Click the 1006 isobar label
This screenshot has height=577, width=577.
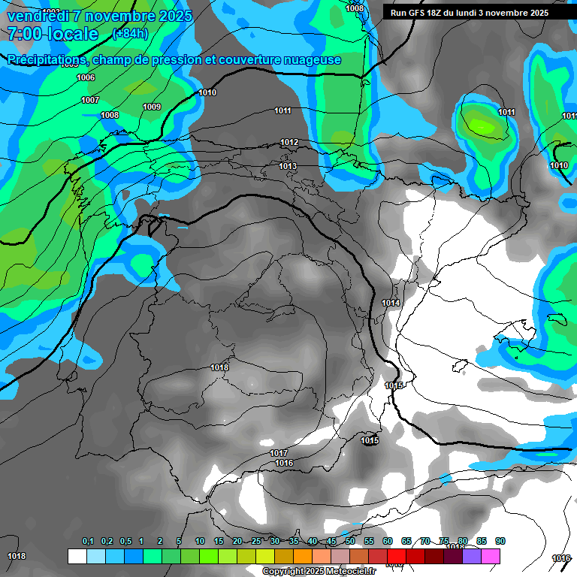coord(86,77)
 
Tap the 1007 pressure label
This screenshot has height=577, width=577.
coord(90,100)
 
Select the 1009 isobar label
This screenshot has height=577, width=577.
coord(152,107)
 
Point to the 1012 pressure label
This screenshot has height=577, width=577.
coord(289,142)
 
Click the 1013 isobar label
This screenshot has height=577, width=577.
coord(288,166)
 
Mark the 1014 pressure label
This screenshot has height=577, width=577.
coord(391,303)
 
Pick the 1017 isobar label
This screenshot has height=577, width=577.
coord(279,453)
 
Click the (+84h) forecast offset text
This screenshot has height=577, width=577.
coord(129,34)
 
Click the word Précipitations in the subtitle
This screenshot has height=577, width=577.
coord(45,60)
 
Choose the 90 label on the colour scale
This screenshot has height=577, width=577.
coord(500,541)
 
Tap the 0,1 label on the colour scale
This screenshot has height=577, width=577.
coord(88,541)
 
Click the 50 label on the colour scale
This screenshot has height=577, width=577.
coord(350,541)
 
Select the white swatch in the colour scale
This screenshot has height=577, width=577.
coord(77,556)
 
